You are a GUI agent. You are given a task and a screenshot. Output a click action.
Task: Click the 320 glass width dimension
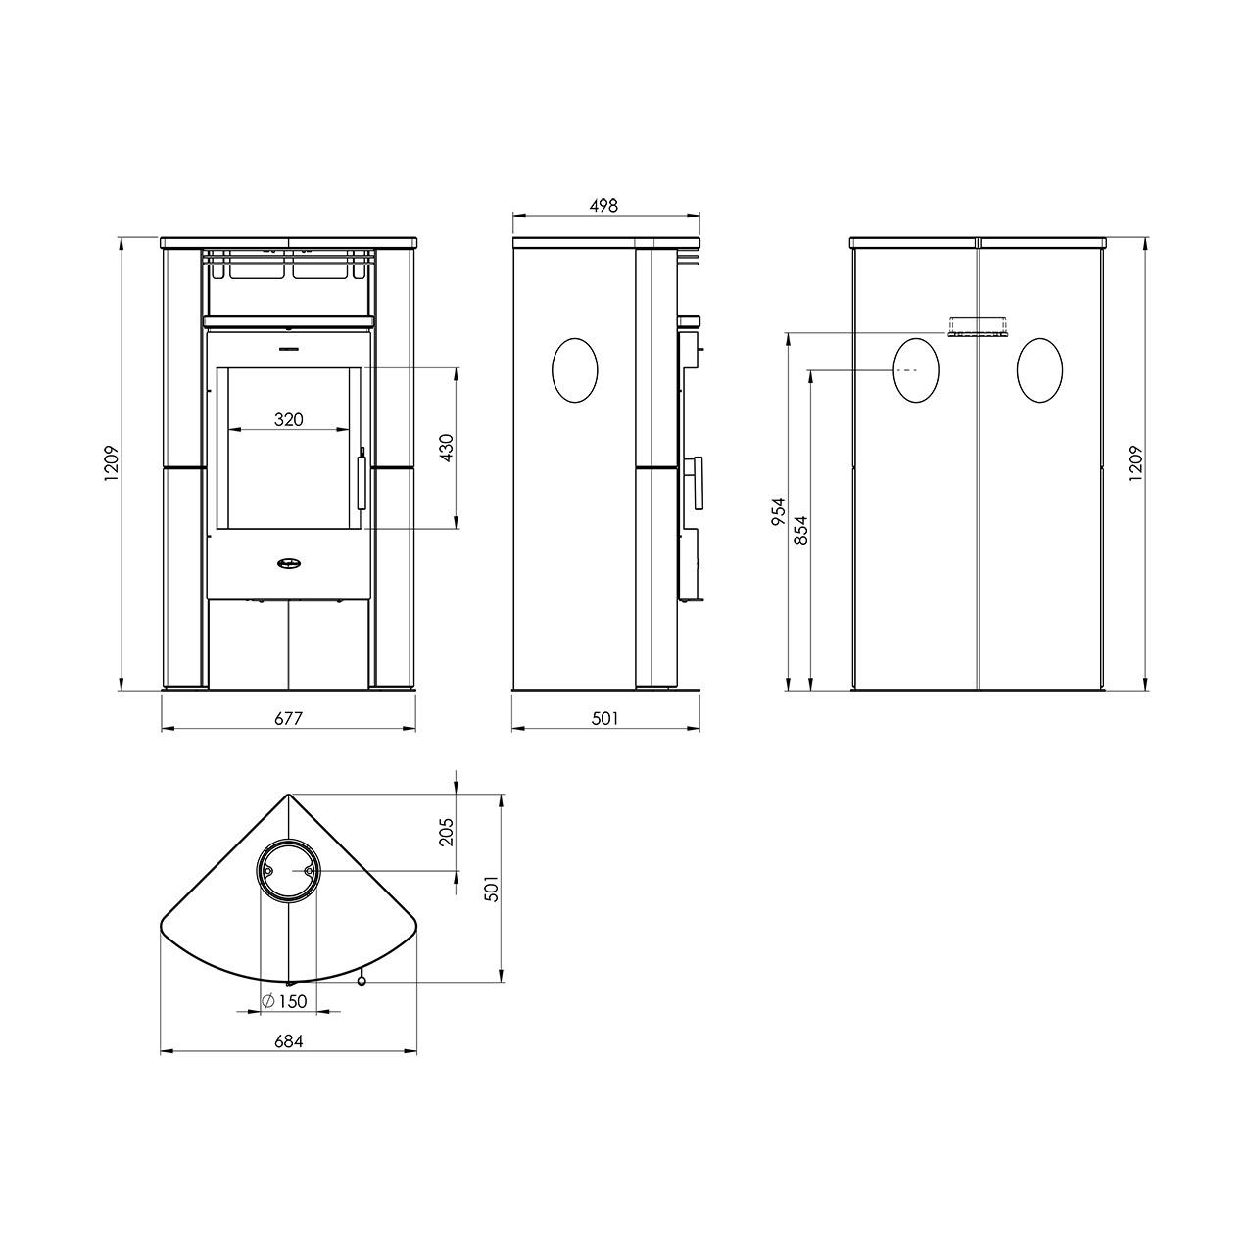tap(288, 419)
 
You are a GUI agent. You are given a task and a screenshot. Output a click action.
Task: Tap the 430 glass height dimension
tap(447, 448)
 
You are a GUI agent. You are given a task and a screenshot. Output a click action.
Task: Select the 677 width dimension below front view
tap(288, 718)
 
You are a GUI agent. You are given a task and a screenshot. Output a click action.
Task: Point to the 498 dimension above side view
tap(603, 206)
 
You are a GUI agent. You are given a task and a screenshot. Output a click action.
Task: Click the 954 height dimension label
tap(779, 511)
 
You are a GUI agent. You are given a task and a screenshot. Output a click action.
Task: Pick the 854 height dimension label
tap(800, 530)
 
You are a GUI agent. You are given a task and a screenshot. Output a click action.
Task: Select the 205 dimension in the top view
tap(447, 831)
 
